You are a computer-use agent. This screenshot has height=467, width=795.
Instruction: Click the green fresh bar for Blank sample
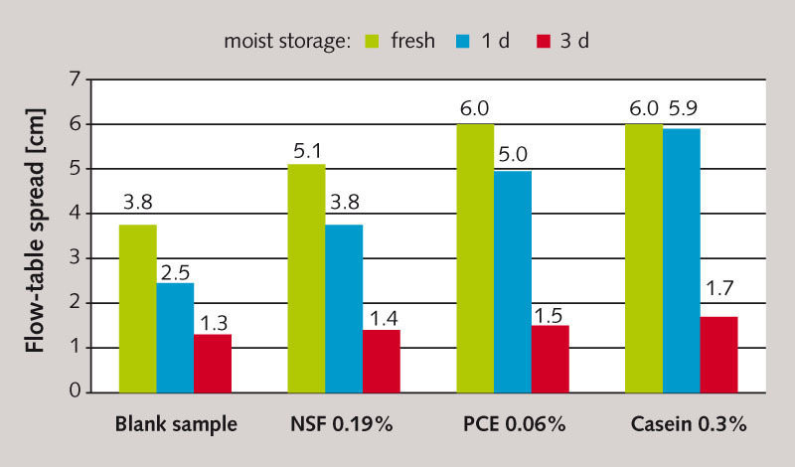pyautogui.click(x=137, y=308)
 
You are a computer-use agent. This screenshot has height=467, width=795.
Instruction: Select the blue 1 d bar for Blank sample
pyautogui.click(x=175, y=337)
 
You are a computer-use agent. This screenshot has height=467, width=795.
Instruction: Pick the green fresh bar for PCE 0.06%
pyautogui.click(x=475, y=257)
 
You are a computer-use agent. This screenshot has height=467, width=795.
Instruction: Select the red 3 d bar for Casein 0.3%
pyautogui.click(x=718, y=354)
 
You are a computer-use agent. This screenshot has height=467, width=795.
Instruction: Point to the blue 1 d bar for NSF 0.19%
pyautogui.click(x=344, y=308)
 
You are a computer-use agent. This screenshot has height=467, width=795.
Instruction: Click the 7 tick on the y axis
pyautogui.click(x=74, y=79)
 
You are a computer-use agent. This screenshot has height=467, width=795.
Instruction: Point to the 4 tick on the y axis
pyautogui.click(x=74, y=214)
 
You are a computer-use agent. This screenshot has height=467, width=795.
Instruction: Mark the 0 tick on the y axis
pyautogui.click(x=74, y=392)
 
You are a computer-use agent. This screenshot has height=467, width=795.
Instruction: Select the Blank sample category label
pyautogui.click(x=176, y=424)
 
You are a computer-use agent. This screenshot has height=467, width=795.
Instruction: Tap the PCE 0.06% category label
pyautogui.click(x=514, y=424)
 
